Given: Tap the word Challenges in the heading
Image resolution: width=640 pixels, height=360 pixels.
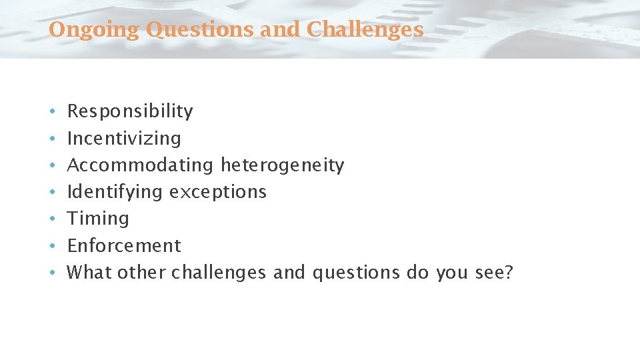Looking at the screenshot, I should [x=365, y=29].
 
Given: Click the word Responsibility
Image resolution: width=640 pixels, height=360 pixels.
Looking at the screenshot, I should [x=130, y=111].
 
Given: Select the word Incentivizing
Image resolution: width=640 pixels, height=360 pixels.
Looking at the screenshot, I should [x=124, y=138].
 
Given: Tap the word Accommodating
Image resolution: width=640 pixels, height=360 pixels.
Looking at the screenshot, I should [x=141, y=165].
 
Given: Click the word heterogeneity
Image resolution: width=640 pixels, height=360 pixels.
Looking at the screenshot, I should [x=282, y=165].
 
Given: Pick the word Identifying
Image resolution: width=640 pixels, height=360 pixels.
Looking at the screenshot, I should [x=115, y=192].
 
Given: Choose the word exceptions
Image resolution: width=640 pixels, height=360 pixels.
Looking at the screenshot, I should [x=217, y=192].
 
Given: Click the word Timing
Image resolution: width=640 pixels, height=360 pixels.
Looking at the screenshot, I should [x=98, y=219].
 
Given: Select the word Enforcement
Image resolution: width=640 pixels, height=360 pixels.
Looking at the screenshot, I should [x=124, y=245].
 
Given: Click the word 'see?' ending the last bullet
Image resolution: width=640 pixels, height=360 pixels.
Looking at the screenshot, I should [x=494, y=272].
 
